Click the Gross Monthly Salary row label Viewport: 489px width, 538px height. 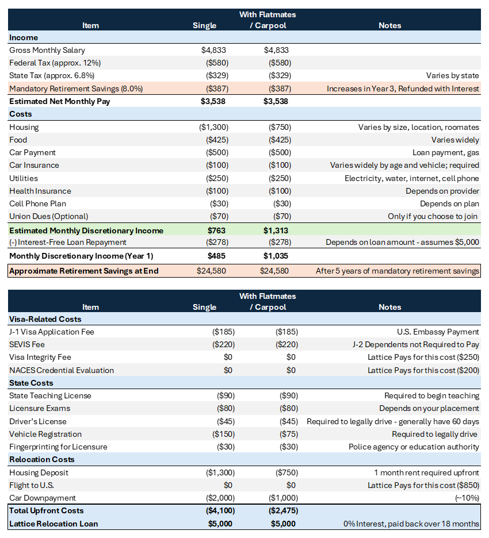(x=47, y=51)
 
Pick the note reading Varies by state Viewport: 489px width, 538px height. (x=452, y=76)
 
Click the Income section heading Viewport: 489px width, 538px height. (x=24, y=38)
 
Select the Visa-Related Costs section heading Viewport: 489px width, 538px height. (x=45, y=319)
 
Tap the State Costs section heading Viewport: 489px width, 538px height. (x=31, y=383)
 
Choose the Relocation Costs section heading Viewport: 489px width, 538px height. (x=42, y=460)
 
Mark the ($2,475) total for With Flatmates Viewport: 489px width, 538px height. (x=282, y=511)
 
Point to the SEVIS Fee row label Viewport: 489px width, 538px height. (x=27, y=345)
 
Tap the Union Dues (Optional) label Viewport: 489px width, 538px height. (x=49, y=217)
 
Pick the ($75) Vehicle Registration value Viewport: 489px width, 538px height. (x=287, y=435)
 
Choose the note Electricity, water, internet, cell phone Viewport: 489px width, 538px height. (x=412, y=179)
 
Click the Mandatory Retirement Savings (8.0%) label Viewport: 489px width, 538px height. (x=76, y=89)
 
